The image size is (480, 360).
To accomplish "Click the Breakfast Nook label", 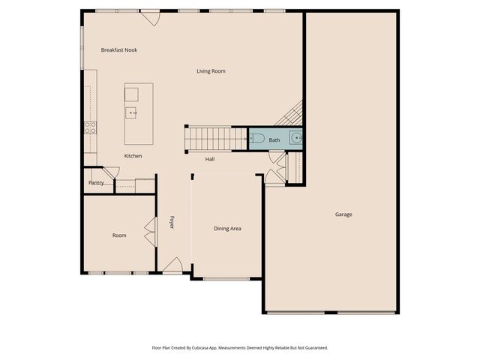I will (x=119, y=50).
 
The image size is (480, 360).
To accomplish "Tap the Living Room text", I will (x=211, y=71).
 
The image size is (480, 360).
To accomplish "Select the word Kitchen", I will (x=133, y=156).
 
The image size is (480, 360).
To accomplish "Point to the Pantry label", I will (x=96, y=182).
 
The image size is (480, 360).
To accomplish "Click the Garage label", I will (x=343, y=214).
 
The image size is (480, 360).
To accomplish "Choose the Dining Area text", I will (x=227, y=229).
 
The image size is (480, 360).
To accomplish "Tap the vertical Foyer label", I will (x=172, y=222).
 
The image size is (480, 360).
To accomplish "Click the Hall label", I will (x=211, y=159).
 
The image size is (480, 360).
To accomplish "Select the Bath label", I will (x=274, y=140).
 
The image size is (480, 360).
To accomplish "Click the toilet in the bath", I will (x=257, y=139).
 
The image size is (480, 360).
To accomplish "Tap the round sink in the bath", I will (x=297, y=138).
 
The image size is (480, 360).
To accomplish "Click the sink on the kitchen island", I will (x=132, y=113).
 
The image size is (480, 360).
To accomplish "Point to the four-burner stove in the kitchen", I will (x=89, y=127).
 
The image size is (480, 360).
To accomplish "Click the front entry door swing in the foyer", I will (x=173, y=265).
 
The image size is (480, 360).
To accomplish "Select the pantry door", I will (x=109, y=173).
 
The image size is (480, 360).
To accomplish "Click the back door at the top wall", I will (x=150, y=16).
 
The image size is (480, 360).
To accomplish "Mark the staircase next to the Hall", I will (x=216, y=138).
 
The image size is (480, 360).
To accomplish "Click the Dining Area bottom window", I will (x=226, y=279).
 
